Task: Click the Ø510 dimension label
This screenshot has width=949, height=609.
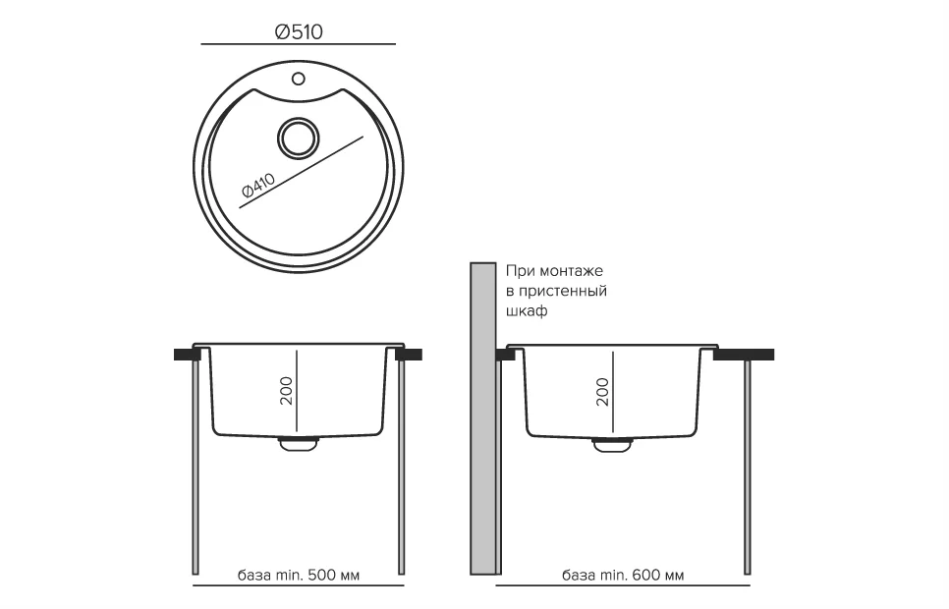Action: pyautogui.click(x=299, y=31)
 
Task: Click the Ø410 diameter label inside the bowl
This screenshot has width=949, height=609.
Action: pyautogui.click(x=258, y=186)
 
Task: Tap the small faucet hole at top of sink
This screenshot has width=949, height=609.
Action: pyautogui.click(x=298, y=79)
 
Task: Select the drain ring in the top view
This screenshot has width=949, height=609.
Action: pyautogui.click(x=298, y=138)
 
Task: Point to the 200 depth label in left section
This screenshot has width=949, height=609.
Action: pyautogui.click(x=286, y=391)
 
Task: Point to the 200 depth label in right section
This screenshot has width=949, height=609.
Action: pyautogui.click(x=602, y=392)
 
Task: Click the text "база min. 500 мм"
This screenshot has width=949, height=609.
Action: pyautogui.click(x=299, y=575)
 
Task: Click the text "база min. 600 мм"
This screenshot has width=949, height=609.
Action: pyautogui.click(x=623, y=575)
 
